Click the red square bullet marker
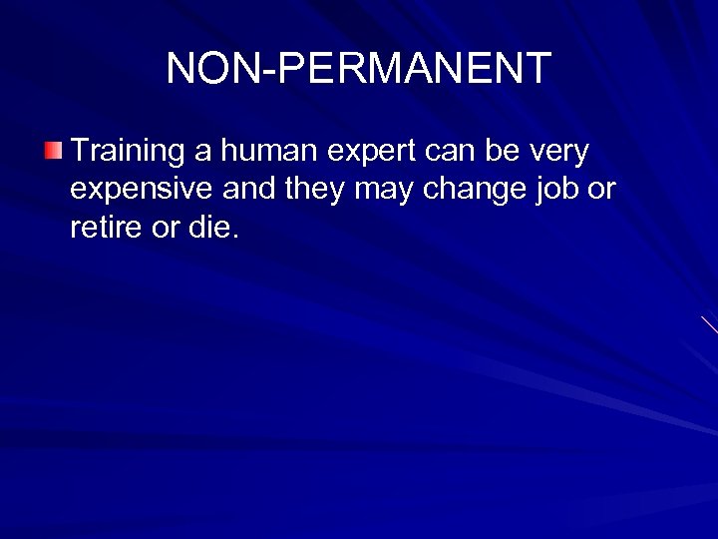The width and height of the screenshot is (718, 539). click(x=53, y=153)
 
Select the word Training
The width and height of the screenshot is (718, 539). click(x=129, y=152)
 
